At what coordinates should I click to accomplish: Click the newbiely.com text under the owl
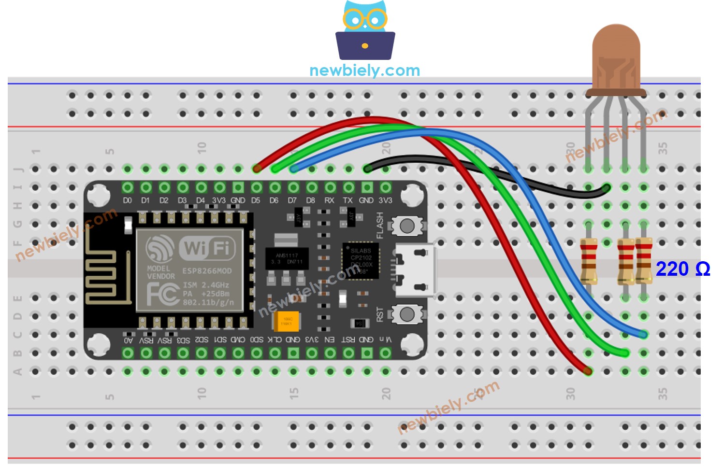coord(364,71)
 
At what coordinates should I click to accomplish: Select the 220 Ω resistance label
coord(682,269)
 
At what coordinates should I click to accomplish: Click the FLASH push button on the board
coord(407,226)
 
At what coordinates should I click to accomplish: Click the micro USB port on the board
coord(414,270)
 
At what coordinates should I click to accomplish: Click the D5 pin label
coord(256,200)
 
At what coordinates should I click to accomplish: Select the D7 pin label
coord(292,200)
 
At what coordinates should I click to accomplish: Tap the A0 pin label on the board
coord(128,340)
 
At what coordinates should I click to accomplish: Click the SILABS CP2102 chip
coord(361,261)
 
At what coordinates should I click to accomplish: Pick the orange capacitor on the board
coord(287,321)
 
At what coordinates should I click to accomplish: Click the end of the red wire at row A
coord(587,371)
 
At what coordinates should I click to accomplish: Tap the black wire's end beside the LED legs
coord(606,188)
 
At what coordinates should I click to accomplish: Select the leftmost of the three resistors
coord(588,261)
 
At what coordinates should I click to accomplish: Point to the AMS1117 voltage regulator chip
coord(287,258)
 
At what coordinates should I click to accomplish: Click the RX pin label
coord(329,200)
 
